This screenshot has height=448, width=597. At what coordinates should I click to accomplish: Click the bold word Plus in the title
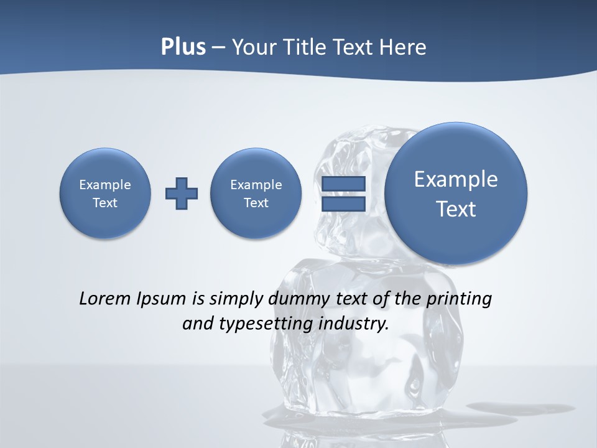pos(183,47)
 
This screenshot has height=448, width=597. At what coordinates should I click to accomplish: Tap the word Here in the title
pos(404,47)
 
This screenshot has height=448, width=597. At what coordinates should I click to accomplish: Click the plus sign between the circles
pos(182,194)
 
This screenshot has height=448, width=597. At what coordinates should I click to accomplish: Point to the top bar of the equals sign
pos(343,184)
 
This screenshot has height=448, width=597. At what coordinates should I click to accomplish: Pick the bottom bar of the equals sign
pos(343,204)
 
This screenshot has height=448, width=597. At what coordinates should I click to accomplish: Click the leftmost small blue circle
pos(105,193)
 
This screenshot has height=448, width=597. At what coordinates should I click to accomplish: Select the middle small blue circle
pos(256,193)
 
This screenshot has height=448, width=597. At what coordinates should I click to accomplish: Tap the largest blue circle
pos(456,194)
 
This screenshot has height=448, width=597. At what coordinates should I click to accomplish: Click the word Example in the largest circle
pos(456,179)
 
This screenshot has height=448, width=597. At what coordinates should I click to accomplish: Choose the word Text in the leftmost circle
pos(105,203)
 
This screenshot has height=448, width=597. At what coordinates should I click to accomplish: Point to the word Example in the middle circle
pos(256,185)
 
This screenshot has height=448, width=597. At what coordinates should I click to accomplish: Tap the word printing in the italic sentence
pos(461,299)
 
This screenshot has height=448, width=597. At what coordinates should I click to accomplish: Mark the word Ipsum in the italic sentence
pos(161,299)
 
